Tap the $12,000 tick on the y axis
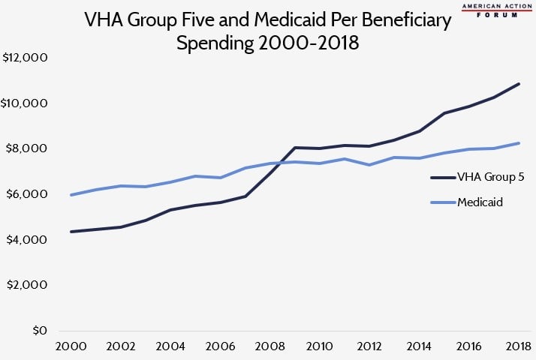click(26, 58)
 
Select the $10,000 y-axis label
click(26, 103)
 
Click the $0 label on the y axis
click(38, 331)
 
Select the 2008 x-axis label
click(269, 348)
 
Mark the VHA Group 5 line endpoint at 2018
click(519, 84)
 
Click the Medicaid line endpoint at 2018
click(519, 143)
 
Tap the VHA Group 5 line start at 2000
click(71, 232)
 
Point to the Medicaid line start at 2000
click(71, 195)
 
